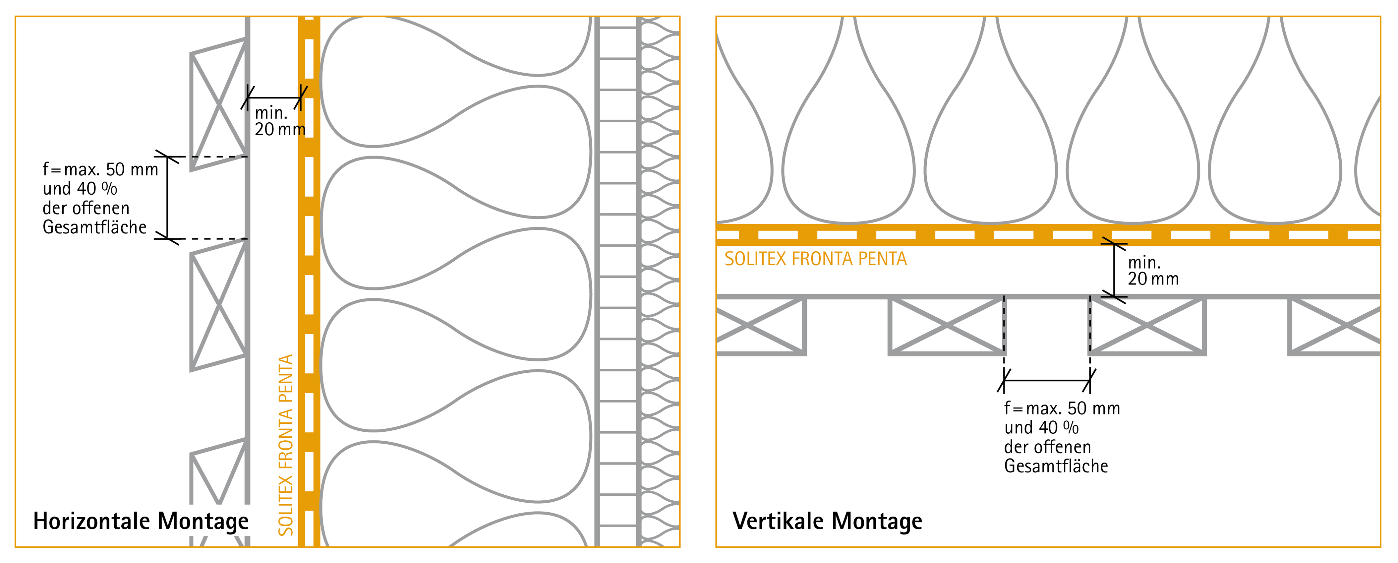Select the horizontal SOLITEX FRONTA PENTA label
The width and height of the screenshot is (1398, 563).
tap(815, 259)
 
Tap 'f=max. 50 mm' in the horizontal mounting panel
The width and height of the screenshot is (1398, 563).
tap(100, 169)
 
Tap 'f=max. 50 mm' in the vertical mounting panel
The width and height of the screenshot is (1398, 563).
tap(1062, 408)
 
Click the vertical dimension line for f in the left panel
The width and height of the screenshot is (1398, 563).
tap(167, 198)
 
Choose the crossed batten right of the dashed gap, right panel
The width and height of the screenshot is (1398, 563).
tap(1147, 325)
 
